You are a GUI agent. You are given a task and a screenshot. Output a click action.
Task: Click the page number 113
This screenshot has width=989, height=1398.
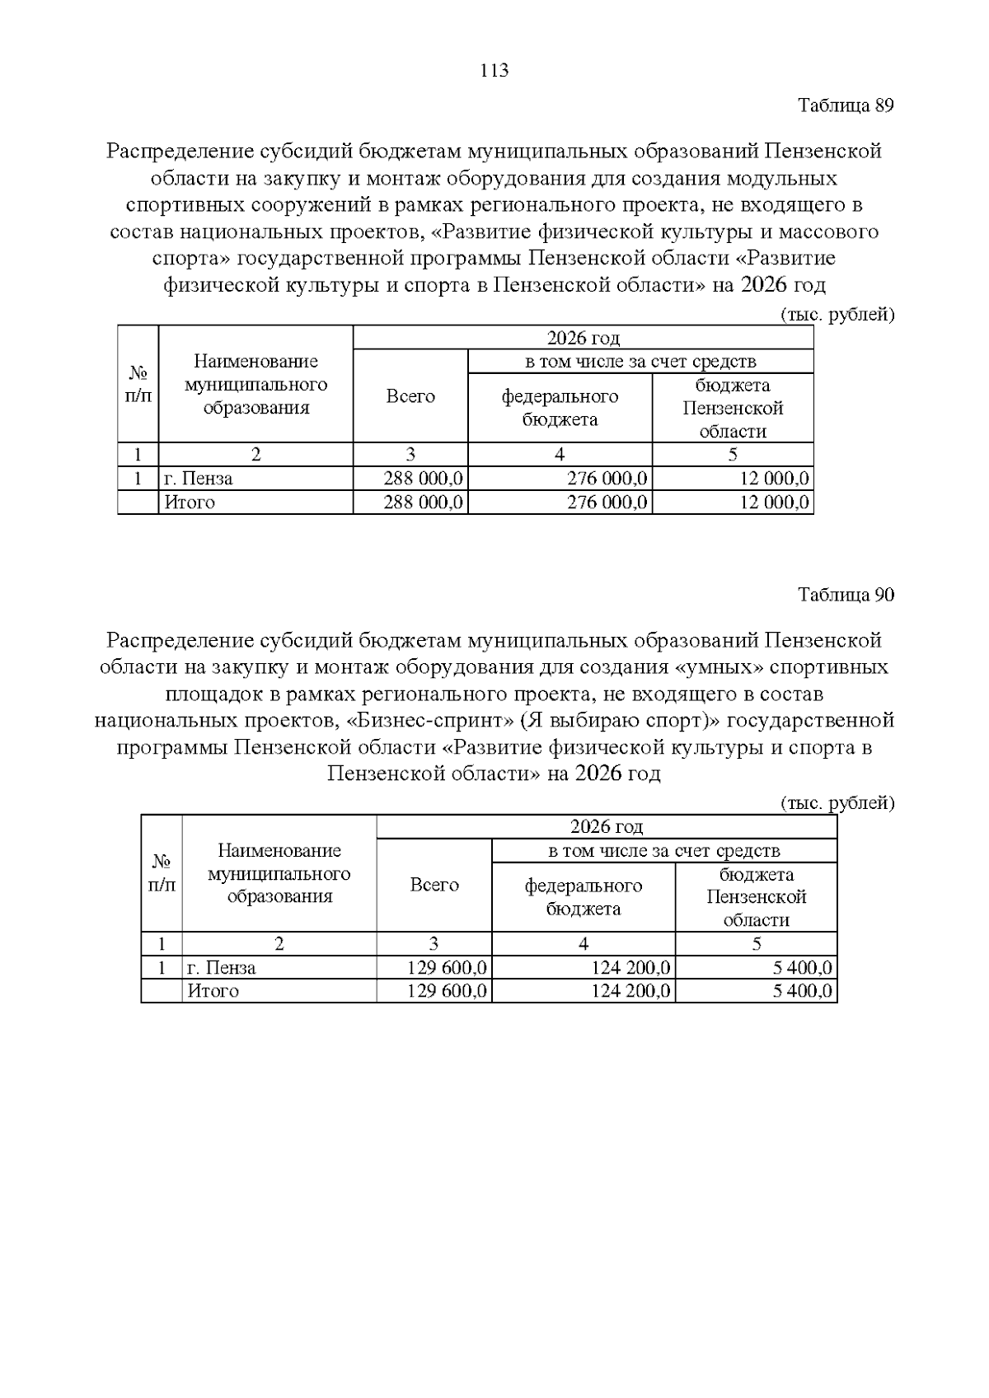(x=494, y=71)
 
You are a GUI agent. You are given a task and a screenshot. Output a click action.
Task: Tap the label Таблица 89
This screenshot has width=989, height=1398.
(x=846, y=105)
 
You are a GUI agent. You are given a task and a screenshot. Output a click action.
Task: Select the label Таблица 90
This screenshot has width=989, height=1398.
(x=846, y=595)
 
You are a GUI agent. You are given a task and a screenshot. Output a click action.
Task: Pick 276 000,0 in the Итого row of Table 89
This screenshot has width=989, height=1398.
(x=607, y=503)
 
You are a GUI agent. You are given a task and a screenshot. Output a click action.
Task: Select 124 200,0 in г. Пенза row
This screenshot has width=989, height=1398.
(x=630, y=967)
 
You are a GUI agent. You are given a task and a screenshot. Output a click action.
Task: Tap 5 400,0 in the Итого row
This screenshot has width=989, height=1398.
(x=802, y=991)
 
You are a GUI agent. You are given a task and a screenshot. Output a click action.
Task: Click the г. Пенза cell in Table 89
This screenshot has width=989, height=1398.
(x=199, y=479)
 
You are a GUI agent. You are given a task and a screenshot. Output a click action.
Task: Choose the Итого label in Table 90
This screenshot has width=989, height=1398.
(x=213, y=991)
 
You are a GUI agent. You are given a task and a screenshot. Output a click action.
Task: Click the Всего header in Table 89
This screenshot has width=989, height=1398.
(x=410, y=396)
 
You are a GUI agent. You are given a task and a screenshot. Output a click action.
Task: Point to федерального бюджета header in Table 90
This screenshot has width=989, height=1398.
(x=584, y=896)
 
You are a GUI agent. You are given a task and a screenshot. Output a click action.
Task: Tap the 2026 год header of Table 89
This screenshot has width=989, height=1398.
(x=583, y=338)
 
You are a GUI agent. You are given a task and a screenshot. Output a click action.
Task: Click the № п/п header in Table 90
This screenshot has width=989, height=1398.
(x=162, y=873)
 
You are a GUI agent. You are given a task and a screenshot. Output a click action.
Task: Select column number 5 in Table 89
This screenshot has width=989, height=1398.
(x=733, y=455)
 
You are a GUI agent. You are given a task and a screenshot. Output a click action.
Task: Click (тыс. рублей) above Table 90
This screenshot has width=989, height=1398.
(x=837, y=802)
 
